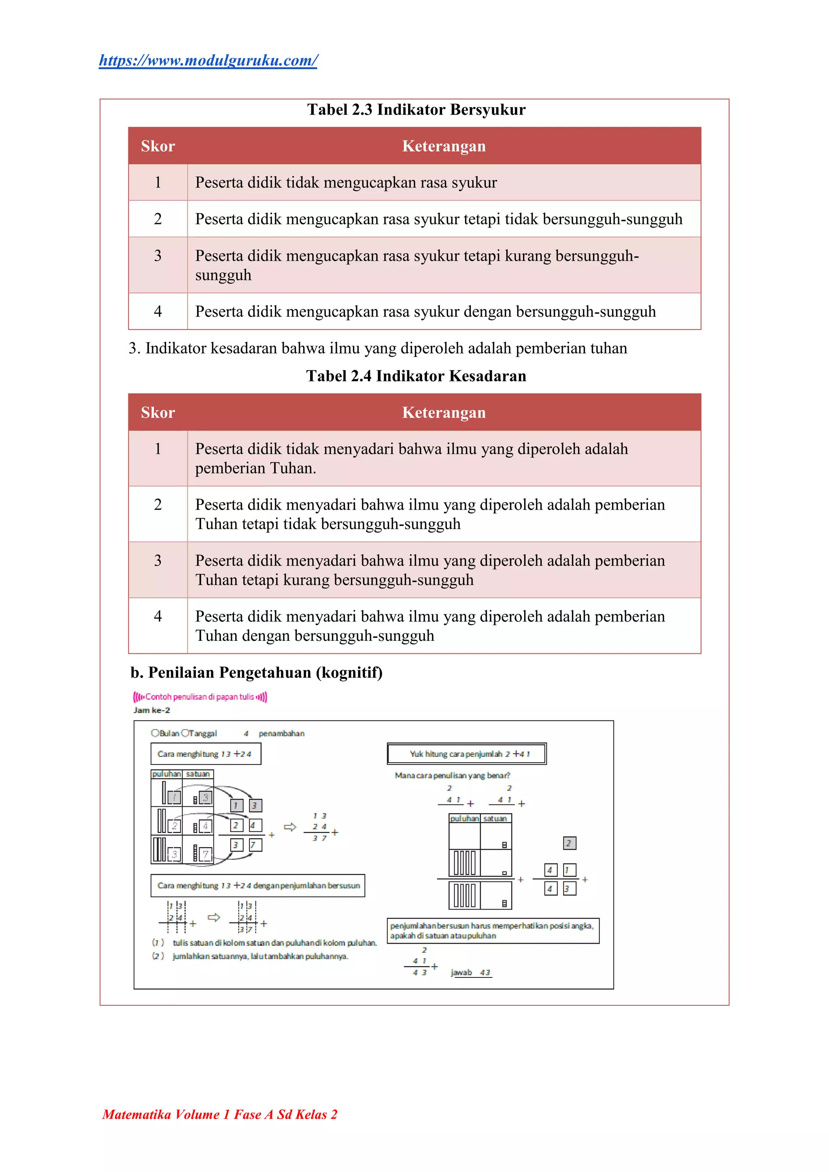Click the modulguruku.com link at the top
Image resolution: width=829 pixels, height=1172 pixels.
(x=208, y=61)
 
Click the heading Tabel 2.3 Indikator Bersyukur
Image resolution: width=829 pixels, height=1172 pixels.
(x=416, y=110)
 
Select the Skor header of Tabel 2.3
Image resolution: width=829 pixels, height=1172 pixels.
(x=158, y=146)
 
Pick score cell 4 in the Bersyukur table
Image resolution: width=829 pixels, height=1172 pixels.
(x=158, y=312)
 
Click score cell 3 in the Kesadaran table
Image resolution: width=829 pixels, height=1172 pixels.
(x=158, y=560)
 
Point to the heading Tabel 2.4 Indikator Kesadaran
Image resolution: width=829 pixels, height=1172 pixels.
(x=416, y=376)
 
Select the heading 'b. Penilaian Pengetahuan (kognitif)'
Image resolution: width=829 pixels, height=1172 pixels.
(x=256, y=673)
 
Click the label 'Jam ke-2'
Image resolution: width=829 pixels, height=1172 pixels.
(x=152, y=710)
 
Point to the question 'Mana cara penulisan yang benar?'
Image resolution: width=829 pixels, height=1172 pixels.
(x=452, y=776)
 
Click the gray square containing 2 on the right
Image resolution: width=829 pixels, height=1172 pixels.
(x=569, y=843)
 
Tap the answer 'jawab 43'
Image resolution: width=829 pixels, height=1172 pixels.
(x=470, y=973)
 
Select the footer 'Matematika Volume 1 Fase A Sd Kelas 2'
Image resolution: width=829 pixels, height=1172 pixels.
(x=220, y=1114)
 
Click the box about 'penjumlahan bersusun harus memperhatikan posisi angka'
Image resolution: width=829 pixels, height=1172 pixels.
(x=492, y=930)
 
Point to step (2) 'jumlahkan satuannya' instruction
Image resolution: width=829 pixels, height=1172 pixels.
(x=260, y=956)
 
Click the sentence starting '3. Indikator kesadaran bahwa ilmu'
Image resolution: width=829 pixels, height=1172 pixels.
(x=378, y=349)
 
